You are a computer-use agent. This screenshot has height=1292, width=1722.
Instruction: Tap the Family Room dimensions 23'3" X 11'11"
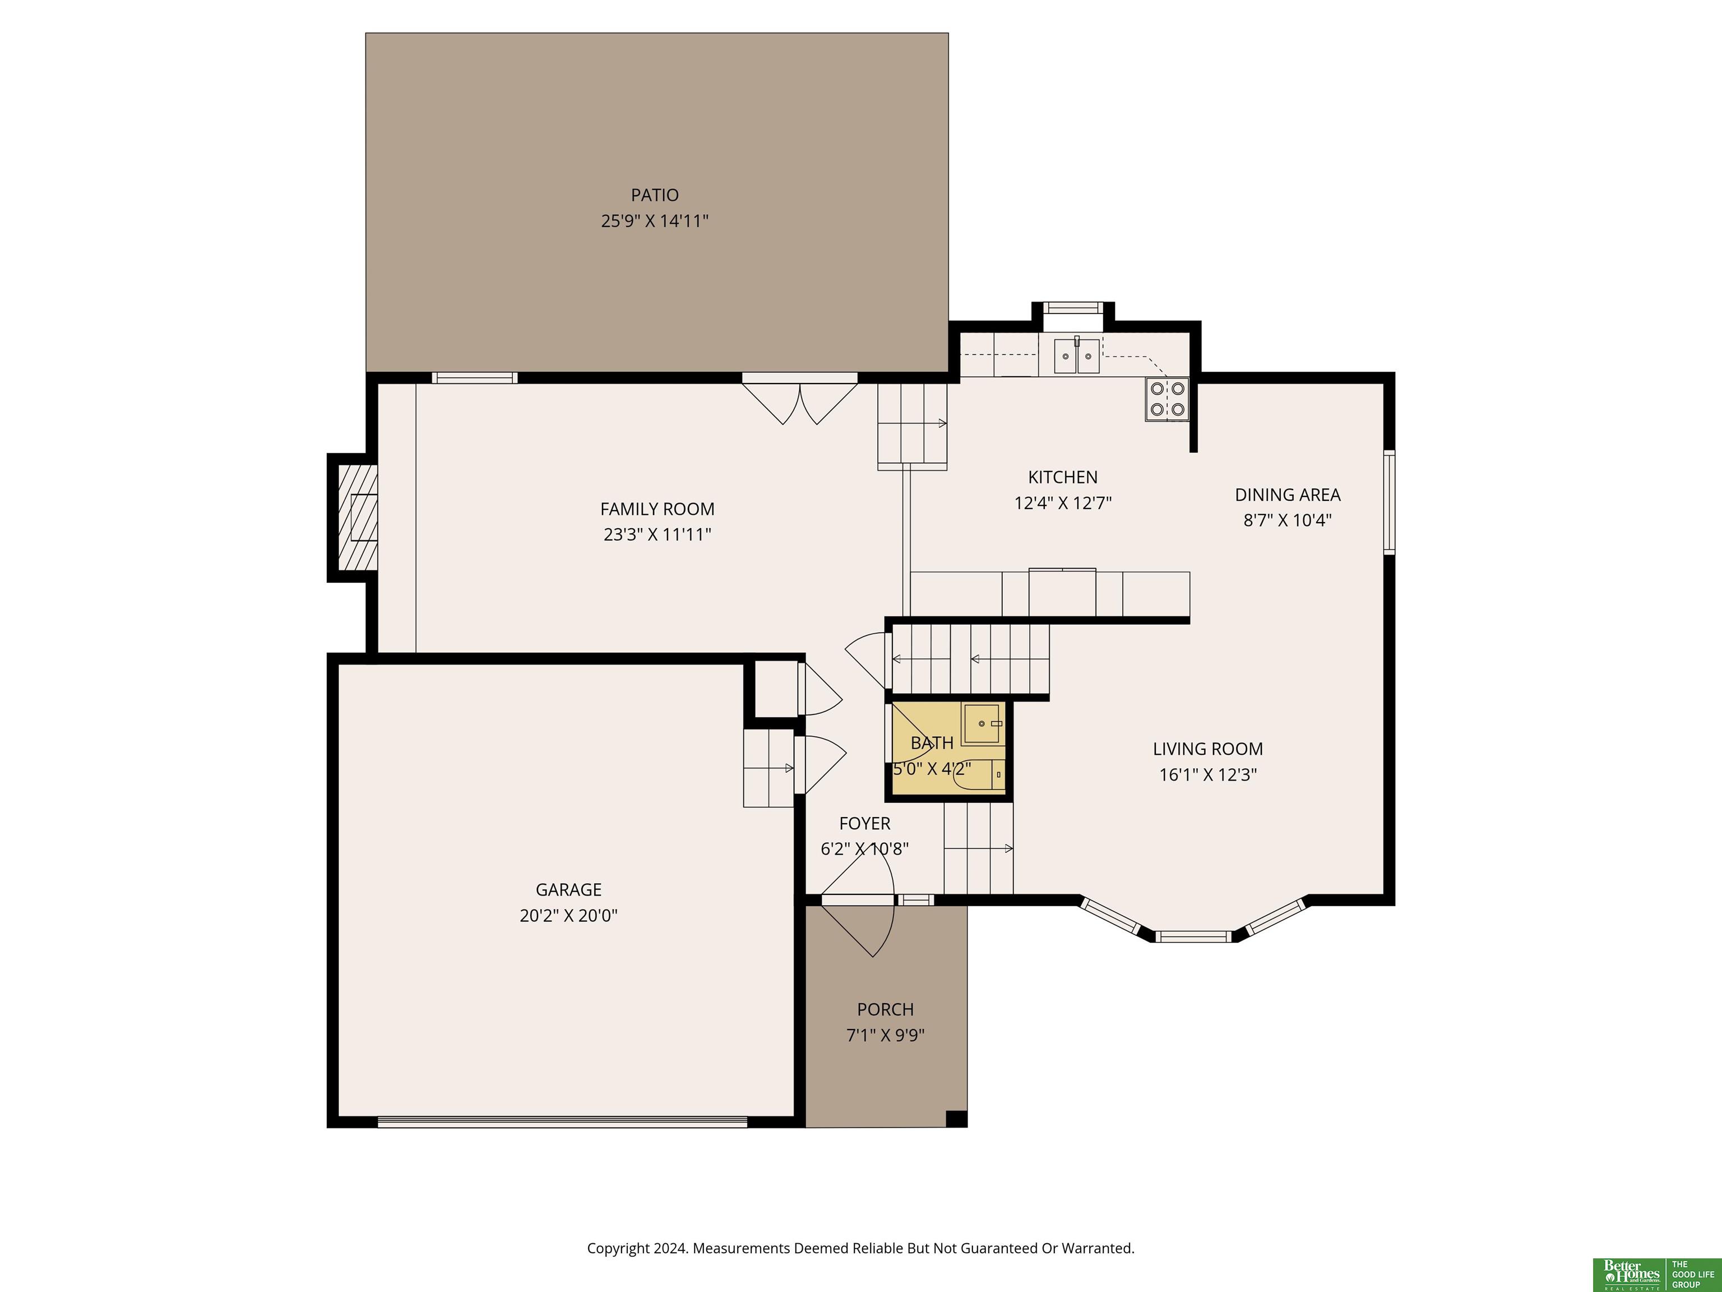coord(657,534)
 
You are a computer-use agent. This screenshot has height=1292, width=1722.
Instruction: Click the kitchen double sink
coord(1077,356)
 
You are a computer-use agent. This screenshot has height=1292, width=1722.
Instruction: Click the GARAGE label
coord(568,889)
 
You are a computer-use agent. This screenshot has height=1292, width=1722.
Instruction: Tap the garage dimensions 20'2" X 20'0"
coord(568,915)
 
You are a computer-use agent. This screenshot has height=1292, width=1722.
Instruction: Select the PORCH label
coord(885,1009)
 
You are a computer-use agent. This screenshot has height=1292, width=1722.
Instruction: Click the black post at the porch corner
coord(956,1118)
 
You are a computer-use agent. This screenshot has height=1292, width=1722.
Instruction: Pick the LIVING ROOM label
coord(1207,749)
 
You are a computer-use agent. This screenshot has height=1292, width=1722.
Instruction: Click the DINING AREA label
coord(1288,495)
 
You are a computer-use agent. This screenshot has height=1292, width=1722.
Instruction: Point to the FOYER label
coord(864,823)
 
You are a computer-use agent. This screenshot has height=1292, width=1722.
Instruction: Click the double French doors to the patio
coord(799,399)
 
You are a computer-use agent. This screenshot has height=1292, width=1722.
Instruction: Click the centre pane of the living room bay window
coord(1193,935)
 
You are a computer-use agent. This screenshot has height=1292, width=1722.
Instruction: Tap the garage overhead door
coord(562,1122)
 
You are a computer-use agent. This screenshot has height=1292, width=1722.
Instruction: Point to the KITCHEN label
coord(1063,477)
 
